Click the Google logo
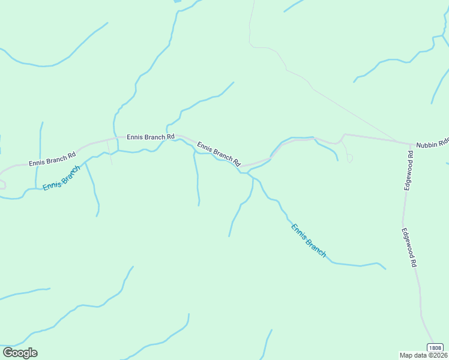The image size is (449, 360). click(x=20, y=353)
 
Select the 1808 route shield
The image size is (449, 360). click(x=435, y=348)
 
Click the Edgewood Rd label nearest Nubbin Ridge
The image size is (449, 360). click(x=409, y=171)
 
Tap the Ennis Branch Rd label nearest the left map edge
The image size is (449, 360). click(x=53, y=159)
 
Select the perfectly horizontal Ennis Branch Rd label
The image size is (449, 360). click(x=150, y=137)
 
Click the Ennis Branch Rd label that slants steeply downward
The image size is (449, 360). click(x=218, y=154)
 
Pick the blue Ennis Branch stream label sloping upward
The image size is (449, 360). click(x=61, y=178)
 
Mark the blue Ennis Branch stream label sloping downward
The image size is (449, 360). click(x=309, y=240)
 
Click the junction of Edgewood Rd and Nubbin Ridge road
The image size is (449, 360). click(x=411, y=144)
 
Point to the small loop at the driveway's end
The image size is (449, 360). click(x=350, y=159)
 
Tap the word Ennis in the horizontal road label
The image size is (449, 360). click(x=135, y=137)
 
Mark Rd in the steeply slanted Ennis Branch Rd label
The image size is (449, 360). click(x=237, y=162)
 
